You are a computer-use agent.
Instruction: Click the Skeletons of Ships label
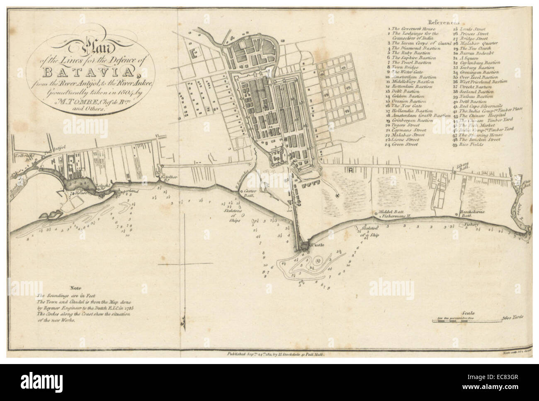pos(232,215)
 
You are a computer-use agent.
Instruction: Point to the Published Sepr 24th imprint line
pos(275,354)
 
